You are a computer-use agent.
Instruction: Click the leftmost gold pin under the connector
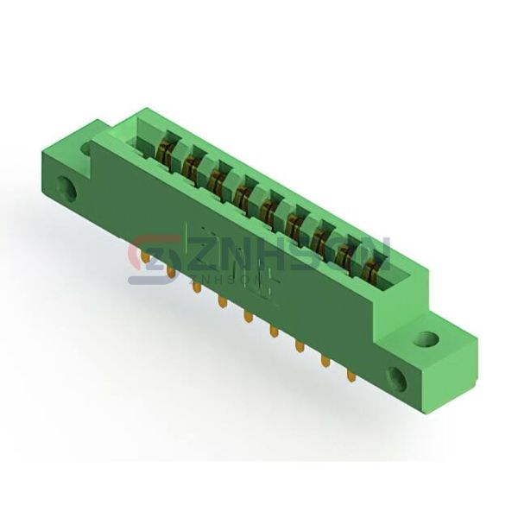tap(144, 258)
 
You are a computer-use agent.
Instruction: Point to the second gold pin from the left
tap(170, 273)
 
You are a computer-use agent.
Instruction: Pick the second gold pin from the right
tap(325, 362)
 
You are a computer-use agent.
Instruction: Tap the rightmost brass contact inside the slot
tap(371, 270)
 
